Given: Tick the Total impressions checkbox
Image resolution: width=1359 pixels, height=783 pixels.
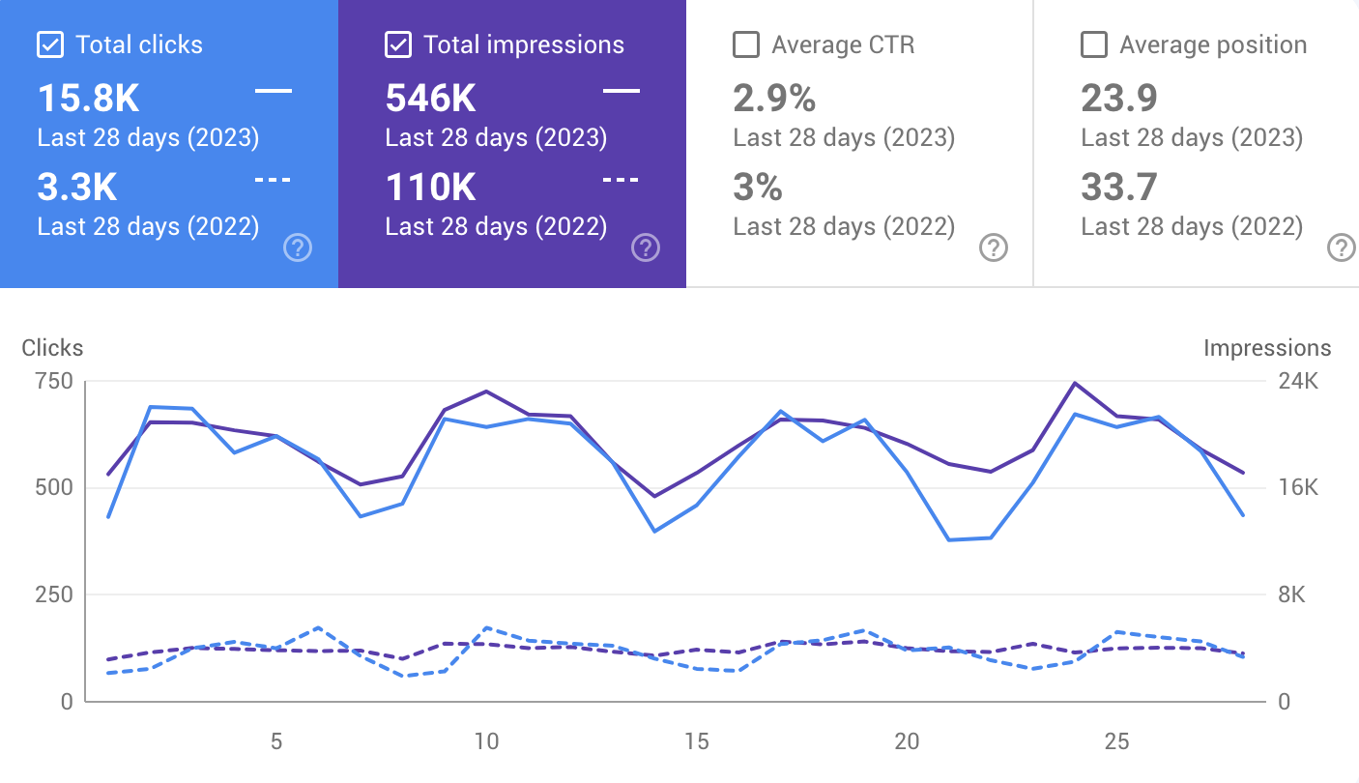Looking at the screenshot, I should click(x=396, y=45).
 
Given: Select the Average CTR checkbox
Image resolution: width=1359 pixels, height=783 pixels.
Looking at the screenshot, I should click(x=744, y=45).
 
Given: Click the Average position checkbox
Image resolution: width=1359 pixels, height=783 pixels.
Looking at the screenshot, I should click(x=1092, y=45).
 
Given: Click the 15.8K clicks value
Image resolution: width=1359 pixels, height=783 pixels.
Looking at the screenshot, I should click(x=88, y=99).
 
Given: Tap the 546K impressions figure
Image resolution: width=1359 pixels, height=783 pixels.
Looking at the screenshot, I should click(x=431, y=99).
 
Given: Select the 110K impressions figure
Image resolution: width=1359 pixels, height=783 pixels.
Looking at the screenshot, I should click(x=431, y=188).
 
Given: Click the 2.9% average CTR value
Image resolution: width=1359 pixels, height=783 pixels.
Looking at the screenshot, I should click(x=774, y=99).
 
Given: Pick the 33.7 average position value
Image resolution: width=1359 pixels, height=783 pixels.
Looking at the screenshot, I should click(x=1119, y=188).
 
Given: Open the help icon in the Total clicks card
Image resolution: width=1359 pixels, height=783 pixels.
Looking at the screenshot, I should click(x=298, y=248).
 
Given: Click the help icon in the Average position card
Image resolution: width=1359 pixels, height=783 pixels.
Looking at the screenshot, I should click(x=1341, y=248).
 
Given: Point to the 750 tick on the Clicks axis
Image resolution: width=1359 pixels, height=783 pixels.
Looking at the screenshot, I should click(x=54, y=381).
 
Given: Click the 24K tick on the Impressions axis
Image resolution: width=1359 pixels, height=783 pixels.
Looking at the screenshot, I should click(x=1298, y=381).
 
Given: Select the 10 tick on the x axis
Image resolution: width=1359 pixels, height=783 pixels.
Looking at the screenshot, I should click(x=486, y=741).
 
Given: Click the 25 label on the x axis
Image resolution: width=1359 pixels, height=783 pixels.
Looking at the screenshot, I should click(x=1116, y=741).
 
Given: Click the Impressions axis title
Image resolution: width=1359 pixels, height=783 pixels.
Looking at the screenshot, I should click(x=1266, y=348).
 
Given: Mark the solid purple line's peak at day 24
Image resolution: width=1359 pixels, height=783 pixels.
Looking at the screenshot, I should click(x=1074, y=383).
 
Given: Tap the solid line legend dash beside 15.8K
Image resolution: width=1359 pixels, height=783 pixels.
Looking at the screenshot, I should click(x=274, y=91).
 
